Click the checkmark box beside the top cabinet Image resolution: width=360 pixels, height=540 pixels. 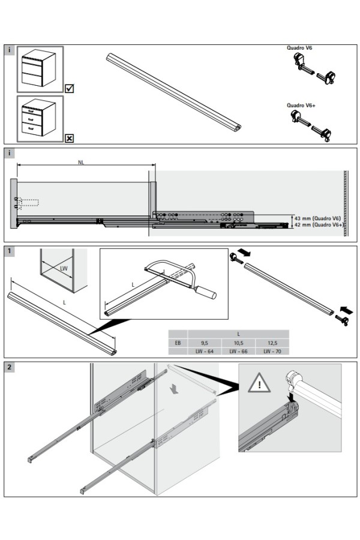tap(69, 89)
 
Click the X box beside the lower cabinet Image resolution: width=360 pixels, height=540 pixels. tap(69, 139)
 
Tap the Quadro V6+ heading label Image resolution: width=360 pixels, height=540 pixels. tap(302, 105)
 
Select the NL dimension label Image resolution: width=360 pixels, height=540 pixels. tap(81, 162)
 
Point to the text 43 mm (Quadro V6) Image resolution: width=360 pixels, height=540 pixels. tap(318, 218)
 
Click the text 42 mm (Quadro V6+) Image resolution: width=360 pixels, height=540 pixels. tap(318, 225)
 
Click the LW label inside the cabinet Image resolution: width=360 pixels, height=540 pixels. tap(64, 268)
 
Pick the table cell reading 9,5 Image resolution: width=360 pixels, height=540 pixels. tap(204, 343)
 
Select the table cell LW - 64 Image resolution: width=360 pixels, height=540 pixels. tap(204, 351)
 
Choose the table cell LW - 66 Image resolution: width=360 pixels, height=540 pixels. tap(238, 351)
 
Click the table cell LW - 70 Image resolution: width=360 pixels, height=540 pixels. tap(272, 351)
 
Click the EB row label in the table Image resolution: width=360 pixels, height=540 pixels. tap(178, 343)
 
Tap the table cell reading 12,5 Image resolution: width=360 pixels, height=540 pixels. tap(272, 343)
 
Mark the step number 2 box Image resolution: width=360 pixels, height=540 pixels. tap(10, 367)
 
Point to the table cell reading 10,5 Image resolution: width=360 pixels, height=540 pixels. tap(238, 343)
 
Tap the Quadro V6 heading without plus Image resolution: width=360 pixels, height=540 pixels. tap(298, 47)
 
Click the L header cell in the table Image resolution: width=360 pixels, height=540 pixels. tap(238, 334)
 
